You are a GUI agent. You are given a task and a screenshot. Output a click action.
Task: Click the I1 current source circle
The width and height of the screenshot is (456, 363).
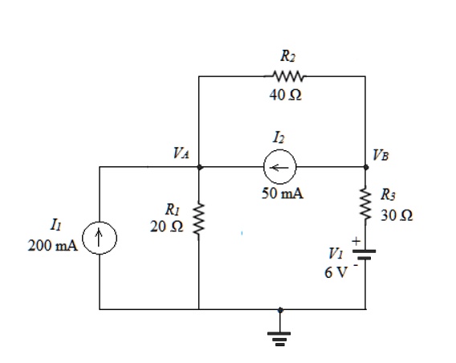click(99, 239)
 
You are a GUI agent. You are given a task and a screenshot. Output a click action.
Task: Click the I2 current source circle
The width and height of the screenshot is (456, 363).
click(281, 167)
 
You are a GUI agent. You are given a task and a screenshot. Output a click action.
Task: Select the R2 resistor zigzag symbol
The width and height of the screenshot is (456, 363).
click(287, 77)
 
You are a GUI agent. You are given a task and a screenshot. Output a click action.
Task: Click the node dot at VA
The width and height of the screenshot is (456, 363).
click(198, 167)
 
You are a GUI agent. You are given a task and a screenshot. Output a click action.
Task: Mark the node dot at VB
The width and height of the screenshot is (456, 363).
click(365, 167)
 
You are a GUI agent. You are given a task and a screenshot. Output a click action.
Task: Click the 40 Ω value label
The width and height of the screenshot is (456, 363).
click(287, 96)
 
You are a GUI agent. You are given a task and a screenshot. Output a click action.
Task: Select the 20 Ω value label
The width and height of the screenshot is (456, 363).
click(167, 227)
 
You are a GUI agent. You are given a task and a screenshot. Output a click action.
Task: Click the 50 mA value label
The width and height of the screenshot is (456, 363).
click(282, 194)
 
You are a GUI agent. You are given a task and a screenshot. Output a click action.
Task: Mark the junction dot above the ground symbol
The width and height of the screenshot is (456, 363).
click(281, 309)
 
